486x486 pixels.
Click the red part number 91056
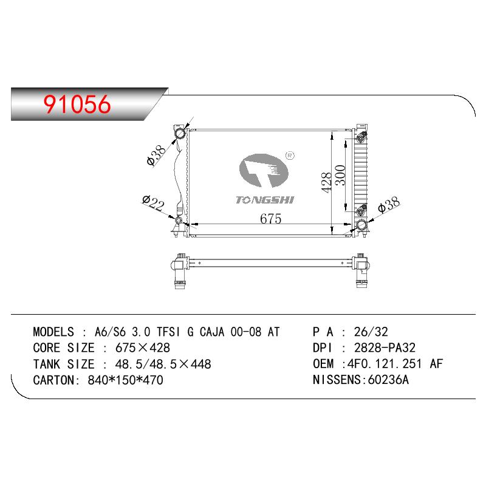pos(77,104)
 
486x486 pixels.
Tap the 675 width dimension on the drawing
pos(270,219)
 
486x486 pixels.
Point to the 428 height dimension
pos(326,183)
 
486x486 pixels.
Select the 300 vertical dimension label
pos(340,175)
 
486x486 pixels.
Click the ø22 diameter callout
pos(153,204)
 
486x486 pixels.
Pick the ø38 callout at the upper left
pos(156,155)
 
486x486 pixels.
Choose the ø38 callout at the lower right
pos(389,205)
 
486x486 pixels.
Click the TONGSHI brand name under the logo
pos(264,200)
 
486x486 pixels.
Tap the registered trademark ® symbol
pos(290,156)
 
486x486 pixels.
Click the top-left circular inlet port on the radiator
pos(180,134)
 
